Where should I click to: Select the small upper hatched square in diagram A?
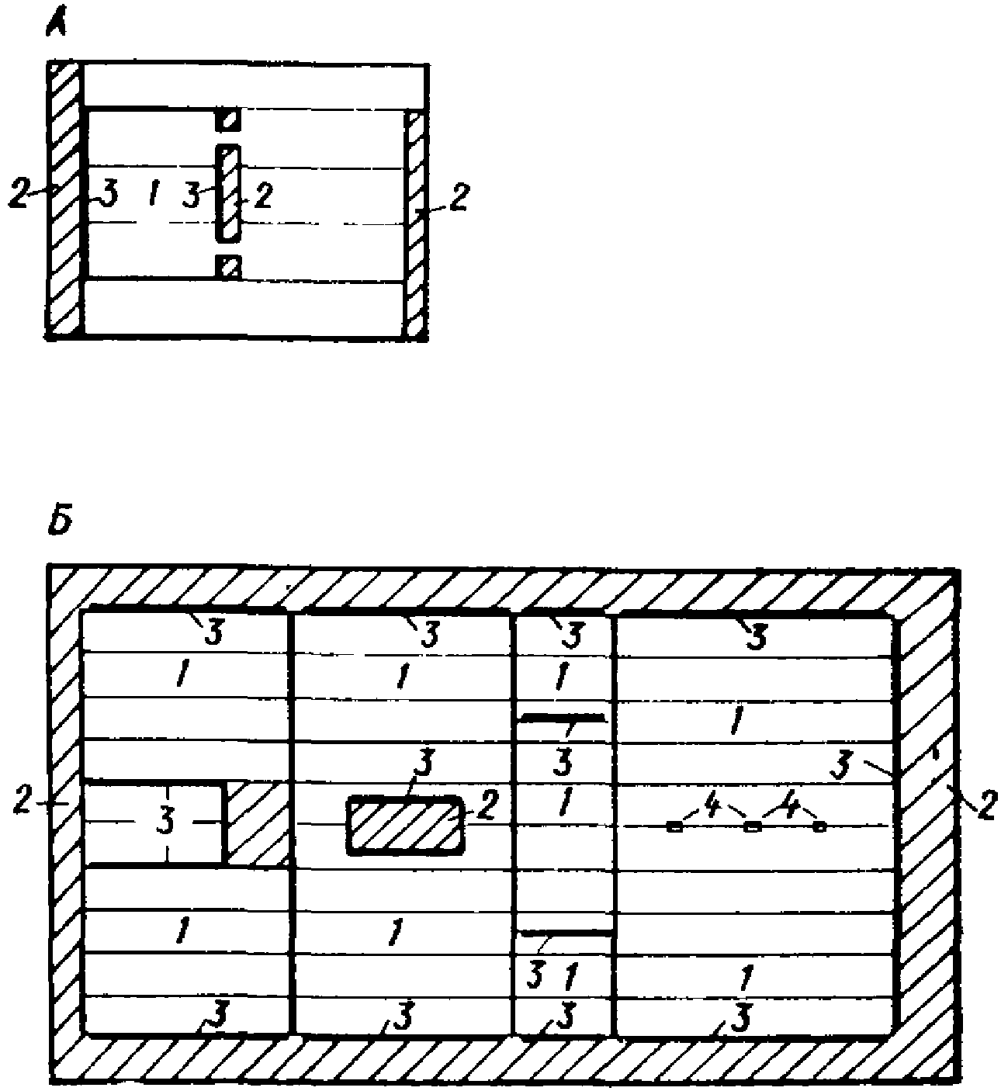point(227,119)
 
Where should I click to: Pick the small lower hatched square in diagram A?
point(227,266)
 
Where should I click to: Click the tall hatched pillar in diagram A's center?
point(227,192)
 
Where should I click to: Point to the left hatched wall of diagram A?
point(64,200)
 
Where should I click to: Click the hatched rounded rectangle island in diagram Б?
point(405,825)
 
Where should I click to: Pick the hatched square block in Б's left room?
point(257,823)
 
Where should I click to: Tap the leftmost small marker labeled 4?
point(675,827)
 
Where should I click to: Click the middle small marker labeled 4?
point(750,827)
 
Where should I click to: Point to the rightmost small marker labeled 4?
point(819,827)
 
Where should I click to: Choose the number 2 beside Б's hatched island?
point(485,809)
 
